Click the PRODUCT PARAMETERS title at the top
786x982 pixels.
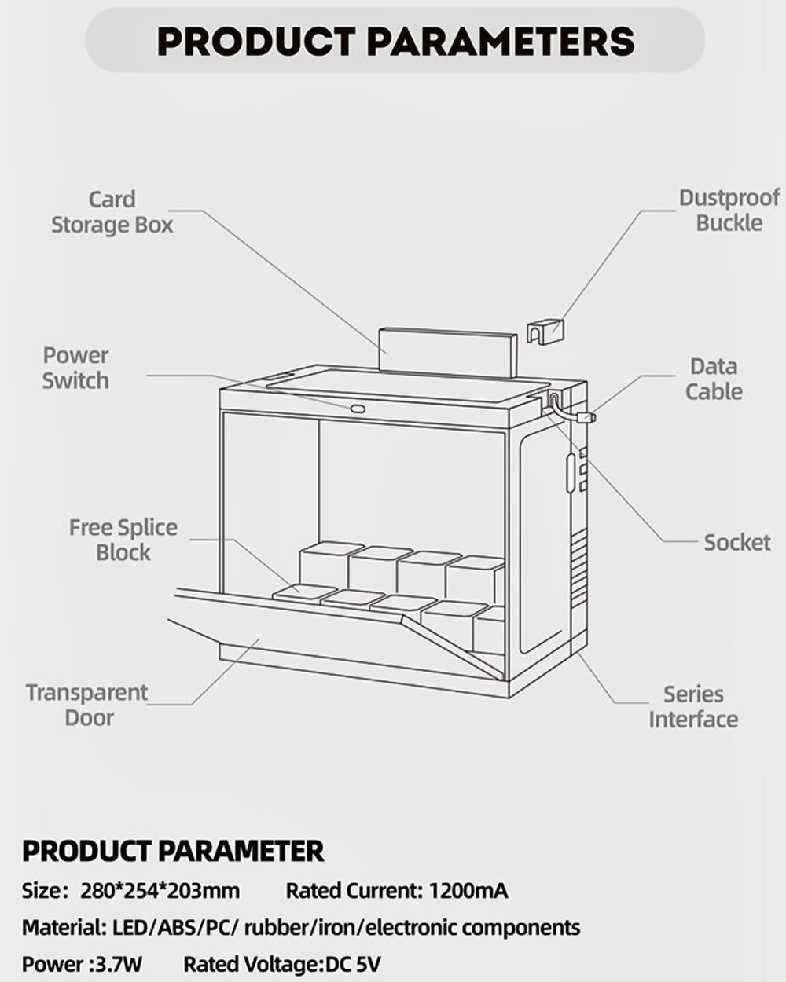[x=395, y=40]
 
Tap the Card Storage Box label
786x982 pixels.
[x=112, y=212]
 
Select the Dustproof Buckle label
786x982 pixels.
[x=729, y=211]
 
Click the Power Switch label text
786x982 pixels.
[x=75, y=368]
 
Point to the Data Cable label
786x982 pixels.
[x=714, y=379]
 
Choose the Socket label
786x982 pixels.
[x=736, y=542]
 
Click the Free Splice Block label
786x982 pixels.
[x=123, y=540]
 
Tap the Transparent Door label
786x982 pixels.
[x=86, y=705]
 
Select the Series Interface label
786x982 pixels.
[x=693, y=706]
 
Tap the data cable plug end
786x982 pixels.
[x=586, y=417]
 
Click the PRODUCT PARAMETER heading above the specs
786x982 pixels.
[x=173, y=850]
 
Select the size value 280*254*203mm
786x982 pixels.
[x=160, y=891]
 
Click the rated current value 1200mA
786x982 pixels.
[x=468, y=891]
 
